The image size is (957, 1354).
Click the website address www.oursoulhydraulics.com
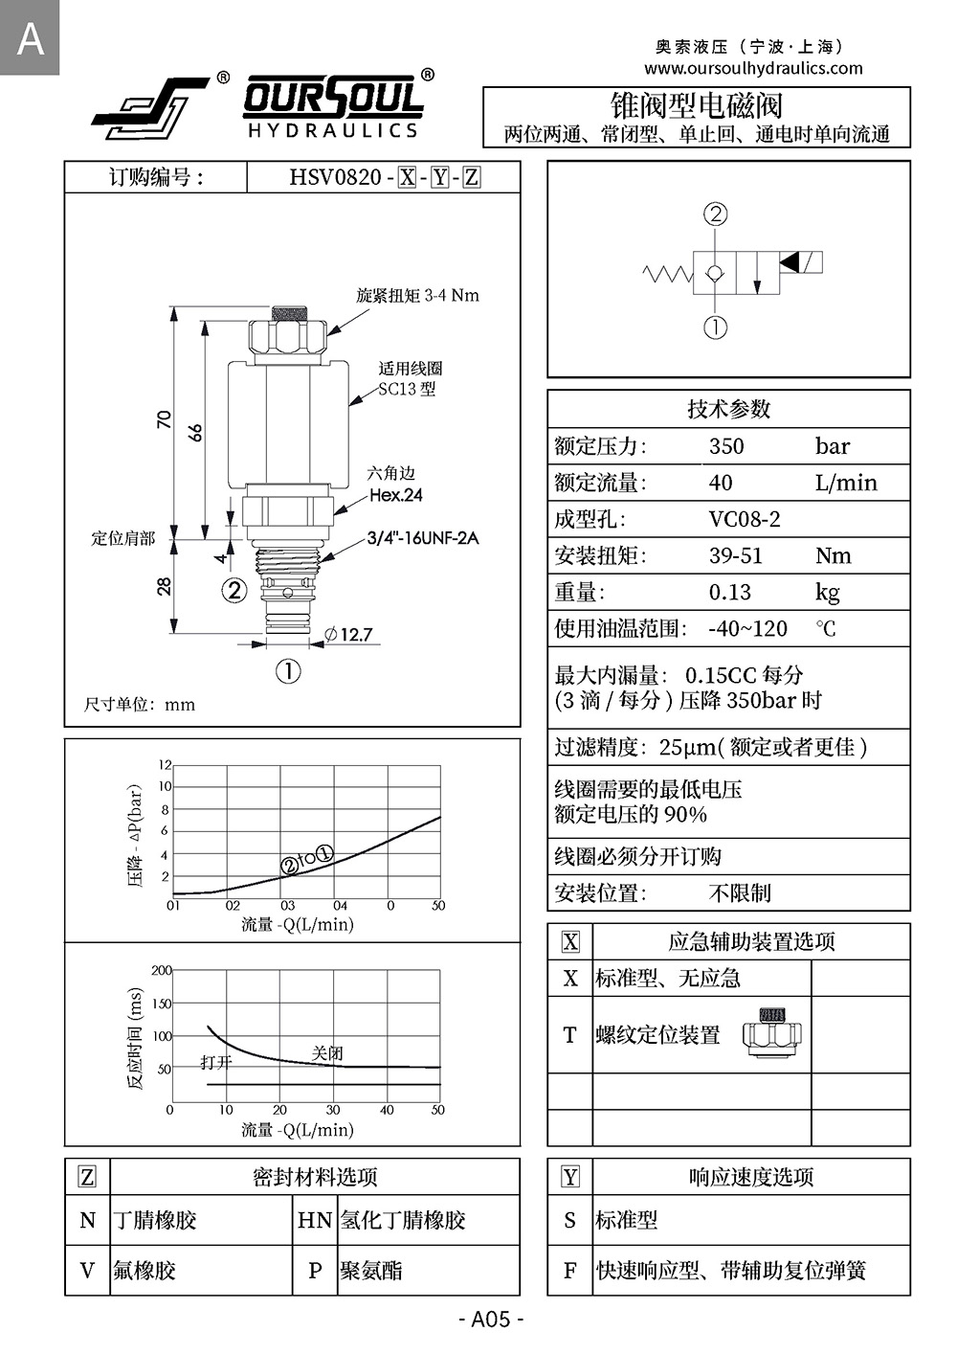tap(753, 68)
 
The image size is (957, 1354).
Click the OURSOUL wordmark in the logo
tap(333, 99)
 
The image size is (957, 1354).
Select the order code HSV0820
tap(335, 177)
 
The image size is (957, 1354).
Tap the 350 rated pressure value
tap(726, 446)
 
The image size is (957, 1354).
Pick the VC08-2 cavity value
tap(745, 519)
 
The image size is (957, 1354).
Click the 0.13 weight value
tap(729, 593)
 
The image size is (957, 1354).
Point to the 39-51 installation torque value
tap(735, 556)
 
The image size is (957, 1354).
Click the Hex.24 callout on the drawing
tap(396, 495)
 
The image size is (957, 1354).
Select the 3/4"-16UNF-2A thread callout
tap(423, 538)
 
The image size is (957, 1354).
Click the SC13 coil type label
tap(407, 389)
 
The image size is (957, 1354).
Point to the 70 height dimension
tap(165, 419)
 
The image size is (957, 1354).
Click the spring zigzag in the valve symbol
tap(667, 275)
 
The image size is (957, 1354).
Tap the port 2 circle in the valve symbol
tap(715, 214)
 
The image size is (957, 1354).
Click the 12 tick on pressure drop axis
tap(165, 765)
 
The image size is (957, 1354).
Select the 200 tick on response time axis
tap(161, 970)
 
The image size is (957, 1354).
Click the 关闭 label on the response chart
tap(327, 1052)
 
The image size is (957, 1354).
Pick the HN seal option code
tap(315, 1220)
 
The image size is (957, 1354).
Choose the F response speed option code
tap(570, 1271)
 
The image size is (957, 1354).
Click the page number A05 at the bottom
tap(492, 1320)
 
